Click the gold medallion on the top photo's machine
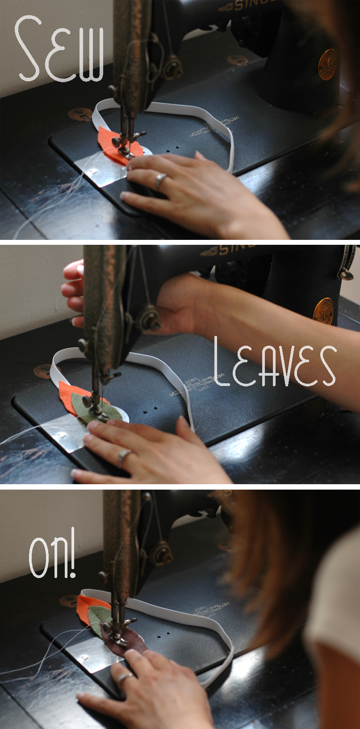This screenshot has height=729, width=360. [x=327, y=64]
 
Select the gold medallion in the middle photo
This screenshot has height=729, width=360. [x=323, y=311]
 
